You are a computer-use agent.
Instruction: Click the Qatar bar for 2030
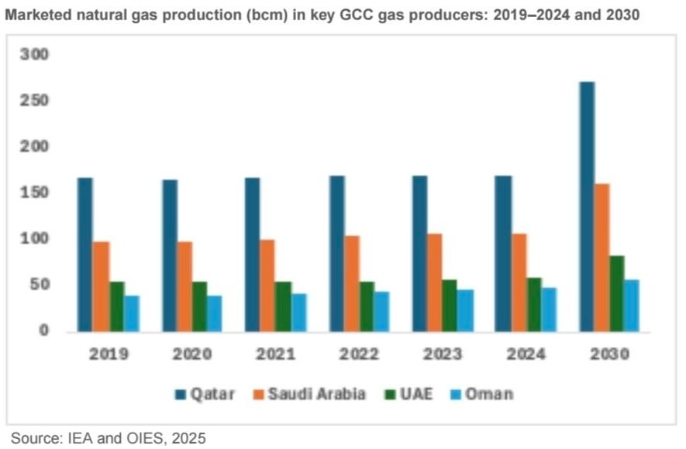point(587,207)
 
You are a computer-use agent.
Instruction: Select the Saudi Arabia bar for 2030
point(602,258)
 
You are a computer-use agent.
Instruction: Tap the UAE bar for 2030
point(617,293)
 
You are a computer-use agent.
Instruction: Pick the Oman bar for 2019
point(132,314)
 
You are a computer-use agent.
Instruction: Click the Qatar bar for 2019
point(84,255)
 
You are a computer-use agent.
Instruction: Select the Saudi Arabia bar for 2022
point(352,283)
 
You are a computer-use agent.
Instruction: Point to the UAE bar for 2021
point(283,307)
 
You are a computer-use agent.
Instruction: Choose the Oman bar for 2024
point(549,310)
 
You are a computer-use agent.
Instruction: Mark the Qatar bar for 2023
point(420,254)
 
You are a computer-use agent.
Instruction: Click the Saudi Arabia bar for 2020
point(184,286)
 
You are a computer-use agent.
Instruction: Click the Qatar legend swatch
point(181,394)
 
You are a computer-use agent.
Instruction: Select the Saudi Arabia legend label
point(317,394)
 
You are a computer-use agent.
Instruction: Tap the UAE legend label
point(416,394)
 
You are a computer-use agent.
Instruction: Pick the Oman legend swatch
point(456,394)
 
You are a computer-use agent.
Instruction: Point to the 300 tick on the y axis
point(34,54)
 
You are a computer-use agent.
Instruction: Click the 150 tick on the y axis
point(34,192)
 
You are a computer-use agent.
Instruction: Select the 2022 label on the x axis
point(359,354)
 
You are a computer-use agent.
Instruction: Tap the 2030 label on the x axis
point(609,354)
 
